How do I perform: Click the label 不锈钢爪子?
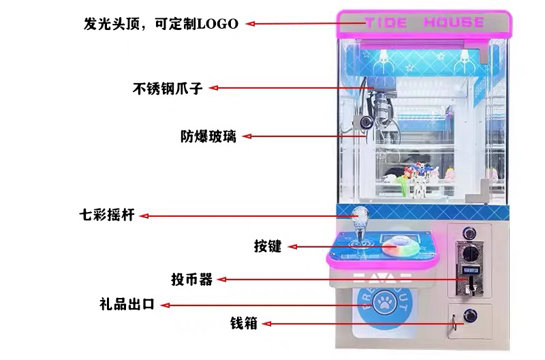tap(167, 88)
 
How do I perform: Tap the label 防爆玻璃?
tap(208, 136)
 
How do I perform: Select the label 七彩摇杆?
tap(106, 216)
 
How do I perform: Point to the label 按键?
tap(267, 246)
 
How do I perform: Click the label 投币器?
tap(192, 279)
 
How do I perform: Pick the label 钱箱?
tap(243, 323)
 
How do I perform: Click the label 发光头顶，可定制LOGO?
tap(161, 24)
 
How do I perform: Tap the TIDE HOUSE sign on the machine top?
tap(424, 22)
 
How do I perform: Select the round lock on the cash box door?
tap(469, 315)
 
